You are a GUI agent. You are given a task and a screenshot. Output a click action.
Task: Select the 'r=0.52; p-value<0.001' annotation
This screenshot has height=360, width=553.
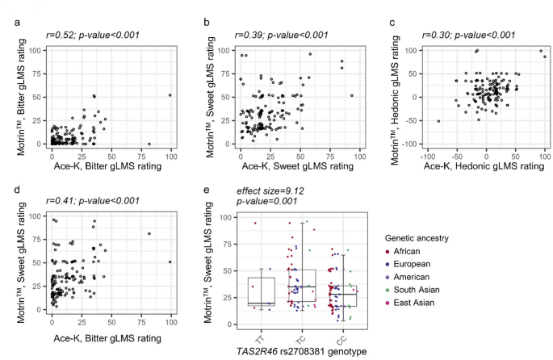[90, 36]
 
